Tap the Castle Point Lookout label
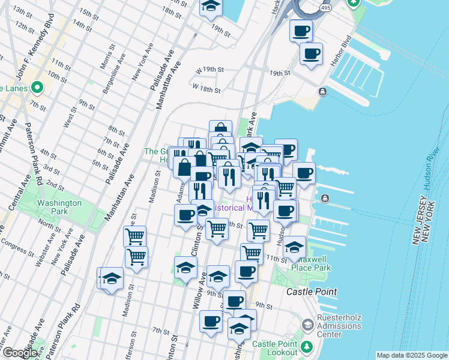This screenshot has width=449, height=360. pyautogui.click(x=274, y=348)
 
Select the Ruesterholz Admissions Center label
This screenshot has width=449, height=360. pyautogui.click(x=339, y=326)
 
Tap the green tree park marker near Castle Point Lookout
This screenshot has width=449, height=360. pyautogui.click(x=307, y=347)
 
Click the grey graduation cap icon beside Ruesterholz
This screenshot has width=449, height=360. pyautogui.click(x=307, y=325)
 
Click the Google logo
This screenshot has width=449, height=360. pyautogui.click(x=20, y=353)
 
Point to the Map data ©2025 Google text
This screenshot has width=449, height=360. pyautogui.click(x=411, y=355)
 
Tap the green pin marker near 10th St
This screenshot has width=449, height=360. pyautogui.click(x=37, y=88)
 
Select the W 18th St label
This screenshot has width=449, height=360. pyautogui.click(x=206, y=89)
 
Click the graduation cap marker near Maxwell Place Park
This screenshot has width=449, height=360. pyautogui.click(x=294, y=247)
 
